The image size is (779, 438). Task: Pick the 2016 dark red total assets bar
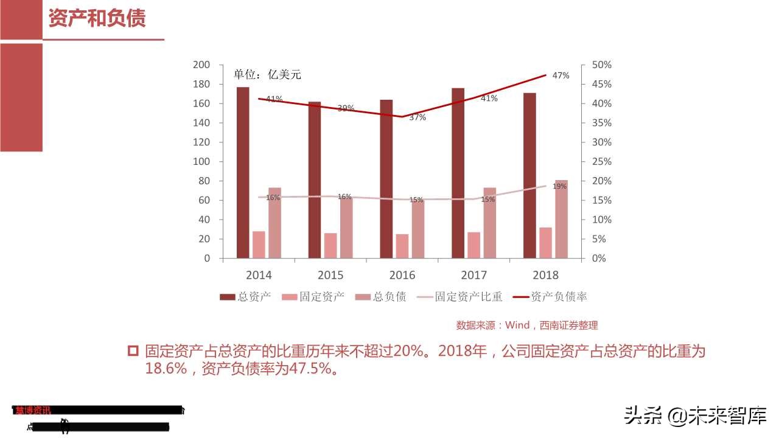[386, 179]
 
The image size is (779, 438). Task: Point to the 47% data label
[561, 75]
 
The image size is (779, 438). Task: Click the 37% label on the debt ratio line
[417, 117]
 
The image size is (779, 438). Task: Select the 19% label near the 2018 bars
[559, 186]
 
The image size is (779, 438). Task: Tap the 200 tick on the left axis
[201, 65]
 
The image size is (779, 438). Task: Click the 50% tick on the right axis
[601, 65]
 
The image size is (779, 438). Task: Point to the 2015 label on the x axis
[330, 275]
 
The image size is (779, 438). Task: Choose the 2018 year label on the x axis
[545, 275]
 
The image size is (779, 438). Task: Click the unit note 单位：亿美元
[268, 75]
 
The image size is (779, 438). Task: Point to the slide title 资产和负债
[97, 18]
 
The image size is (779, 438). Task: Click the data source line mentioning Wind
[527, 325]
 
